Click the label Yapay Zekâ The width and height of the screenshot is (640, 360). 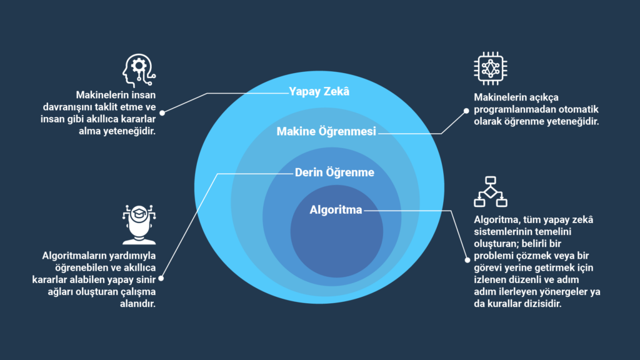[319, 92]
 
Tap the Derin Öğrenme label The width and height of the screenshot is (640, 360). [334, 172]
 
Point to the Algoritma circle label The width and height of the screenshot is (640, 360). [336, 210]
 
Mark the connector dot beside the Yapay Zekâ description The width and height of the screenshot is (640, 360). [162, 113]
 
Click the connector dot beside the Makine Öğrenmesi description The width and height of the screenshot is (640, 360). [466, 110]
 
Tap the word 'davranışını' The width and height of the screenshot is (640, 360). [102, 107]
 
